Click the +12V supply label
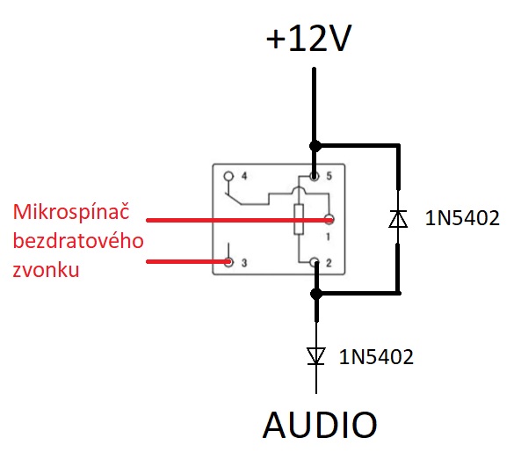tap(308, 38)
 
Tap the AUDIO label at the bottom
tap(320, 425)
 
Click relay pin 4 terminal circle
tap(229, 176)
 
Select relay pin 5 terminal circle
tap(314, 176)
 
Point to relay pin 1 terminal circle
tap(329, 220)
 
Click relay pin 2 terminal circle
tap(314, 262)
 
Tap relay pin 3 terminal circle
tap(228, 262)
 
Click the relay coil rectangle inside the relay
tap(299, 220)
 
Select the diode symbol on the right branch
tap(398, 219)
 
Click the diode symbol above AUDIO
tap(316, 356)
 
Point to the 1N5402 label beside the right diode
tap(462, 218)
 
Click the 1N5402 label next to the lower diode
tap(376, 357)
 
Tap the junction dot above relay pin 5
tap(315, 146)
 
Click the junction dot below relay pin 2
tap(316, 294)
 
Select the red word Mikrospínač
tap(71, 212)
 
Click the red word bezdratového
tap(78, 240)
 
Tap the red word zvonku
tap(46, 269)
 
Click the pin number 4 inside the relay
tap(244, 176)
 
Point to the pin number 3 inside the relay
tap(244, 263)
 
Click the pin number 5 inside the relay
tap(329, 176)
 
